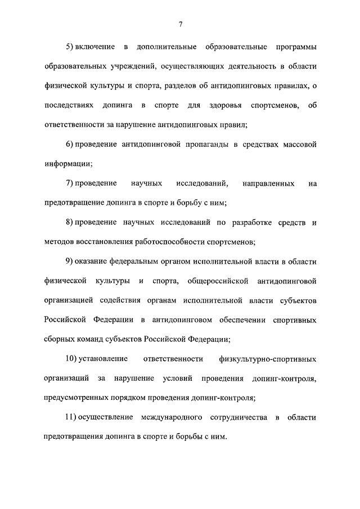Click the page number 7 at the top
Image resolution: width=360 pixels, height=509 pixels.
pos(180,24)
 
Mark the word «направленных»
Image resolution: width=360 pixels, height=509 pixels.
pos(268,183)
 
